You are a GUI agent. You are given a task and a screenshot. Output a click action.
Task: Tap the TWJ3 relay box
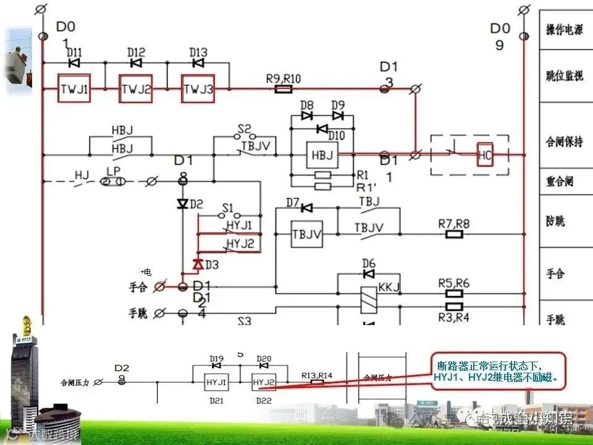[x=198, y=90]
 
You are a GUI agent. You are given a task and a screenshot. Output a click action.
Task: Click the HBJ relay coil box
[x=322, y=155]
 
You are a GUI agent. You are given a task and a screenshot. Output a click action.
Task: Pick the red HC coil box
[x=485, y=155]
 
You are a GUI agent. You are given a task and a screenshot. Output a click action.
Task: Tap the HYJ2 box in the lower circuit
[x=263, y=383]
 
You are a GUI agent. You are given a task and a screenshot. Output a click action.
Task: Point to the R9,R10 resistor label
[x=284, y=78]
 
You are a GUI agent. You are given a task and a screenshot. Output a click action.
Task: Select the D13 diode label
[x=198, y=53]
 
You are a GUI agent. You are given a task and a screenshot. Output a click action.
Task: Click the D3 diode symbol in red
[x=198, y=264]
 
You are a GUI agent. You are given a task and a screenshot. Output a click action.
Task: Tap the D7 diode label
[x=293, y=202]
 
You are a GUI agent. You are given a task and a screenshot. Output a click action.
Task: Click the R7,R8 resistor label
[x=453, y=222]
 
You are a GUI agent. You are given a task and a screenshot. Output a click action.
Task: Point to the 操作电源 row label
[x=563, y=30]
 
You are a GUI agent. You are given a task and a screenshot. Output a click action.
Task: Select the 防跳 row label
[x=555, y=221]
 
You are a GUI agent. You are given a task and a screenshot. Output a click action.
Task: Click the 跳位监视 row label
[x=563, y=76]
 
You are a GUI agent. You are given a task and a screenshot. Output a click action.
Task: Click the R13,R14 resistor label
[x=317, y=375]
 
